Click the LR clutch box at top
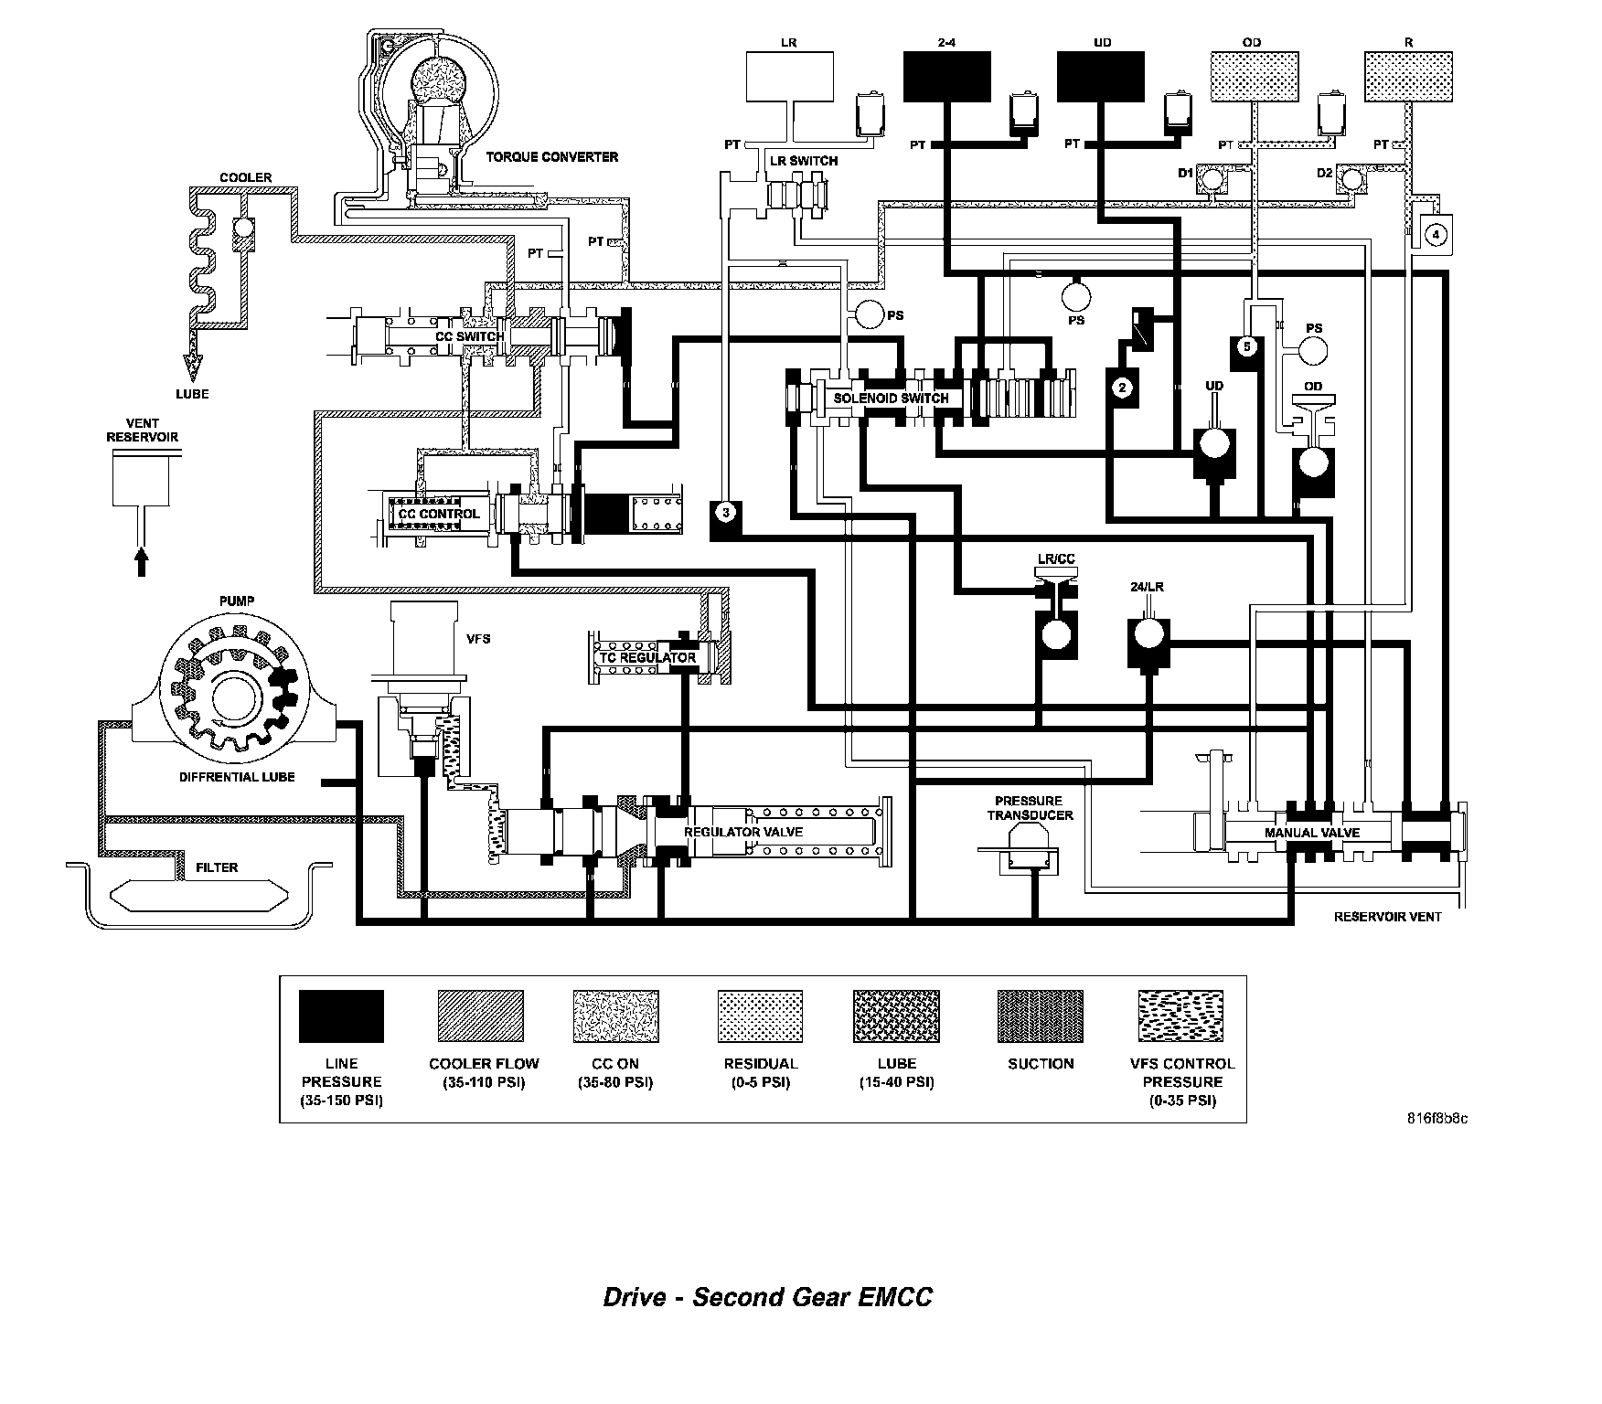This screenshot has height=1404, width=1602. point(790,76)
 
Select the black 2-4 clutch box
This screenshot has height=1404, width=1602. point(947,76)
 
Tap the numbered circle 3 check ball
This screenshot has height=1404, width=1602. point(725,512)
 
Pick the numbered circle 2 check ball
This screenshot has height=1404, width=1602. point(1122,387)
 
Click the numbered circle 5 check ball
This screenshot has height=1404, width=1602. point(1245,346)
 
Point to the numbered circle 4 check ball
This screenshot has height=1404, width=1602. point(1436,234)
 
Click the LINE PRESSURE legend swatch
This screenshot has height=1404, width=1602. point(341,1016)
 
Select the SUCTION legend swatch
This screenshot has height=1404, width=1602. point(1040,1016)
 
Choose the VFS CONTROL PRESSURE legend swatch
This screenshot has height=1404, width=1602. point(1181,1016)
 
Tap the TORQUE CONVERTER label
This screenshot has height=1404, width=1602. point(551,156)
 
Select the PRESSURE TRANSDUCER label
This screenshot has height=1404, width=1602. point(1029,808)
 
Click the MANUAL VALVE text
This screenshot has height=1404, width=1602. point(1311,833)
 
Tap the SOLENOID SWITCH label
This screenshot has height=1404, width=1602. point(891,398)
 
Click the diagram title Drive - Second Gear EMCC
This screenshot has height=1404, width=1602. point(767,1297)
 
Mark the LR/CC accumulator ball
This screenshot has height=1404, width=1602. point(1056,633)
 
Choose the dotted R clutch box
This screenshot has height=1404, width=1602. point(1407,76)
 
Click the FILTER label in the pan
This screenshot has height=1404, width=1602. point(217,867)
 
